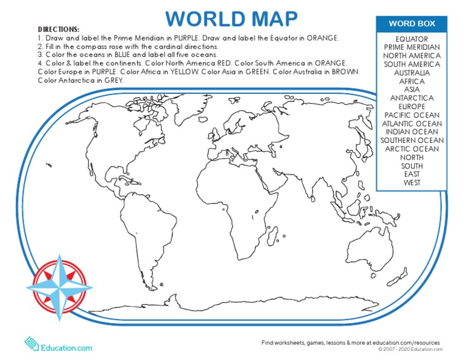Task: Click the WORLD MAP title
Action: point(232,18)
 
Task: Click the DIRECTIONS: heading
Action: point(58,29)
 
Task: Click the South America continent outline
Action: point(145,230)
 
